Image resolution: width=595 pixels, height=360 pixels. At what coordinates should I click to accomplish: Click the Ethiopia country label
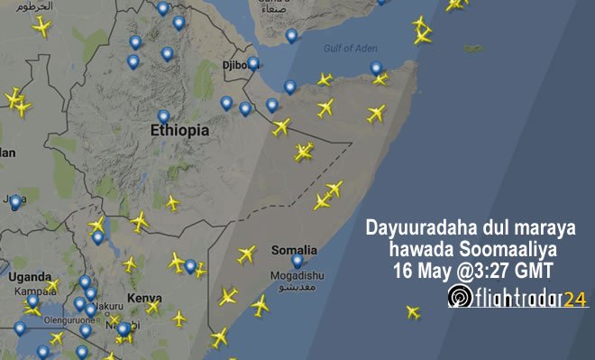click(x=179, y=132)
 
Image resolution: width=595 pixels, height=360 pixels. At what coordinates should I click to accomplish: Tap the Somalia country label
click(x=294, y=250)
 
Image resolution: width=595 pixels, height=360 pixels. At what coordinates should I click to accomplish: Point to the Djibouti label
click(x=238, y=67)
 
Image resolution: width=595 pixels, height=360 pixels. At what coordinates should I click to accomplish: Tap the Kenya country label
click(x=143, y=297)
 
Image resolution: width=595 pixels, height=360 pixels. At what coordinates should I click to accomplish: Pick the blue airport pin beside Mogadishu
click(x=297, y=261)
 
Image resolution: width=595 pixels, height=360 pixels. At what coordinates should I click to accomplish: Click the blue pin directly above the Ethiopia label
click(x=163, y=116)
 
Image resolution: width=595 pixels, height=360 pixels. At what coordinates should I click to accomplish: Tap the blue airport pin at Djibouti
click(x=253, y=62)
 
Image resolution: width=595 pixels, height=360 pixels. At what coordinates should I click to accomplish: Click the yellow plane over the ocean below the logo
click(x=413, y=313)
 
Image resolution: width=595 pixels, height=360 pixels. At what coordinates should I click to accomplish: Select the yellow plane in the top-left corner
click(x=41, y=26)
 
